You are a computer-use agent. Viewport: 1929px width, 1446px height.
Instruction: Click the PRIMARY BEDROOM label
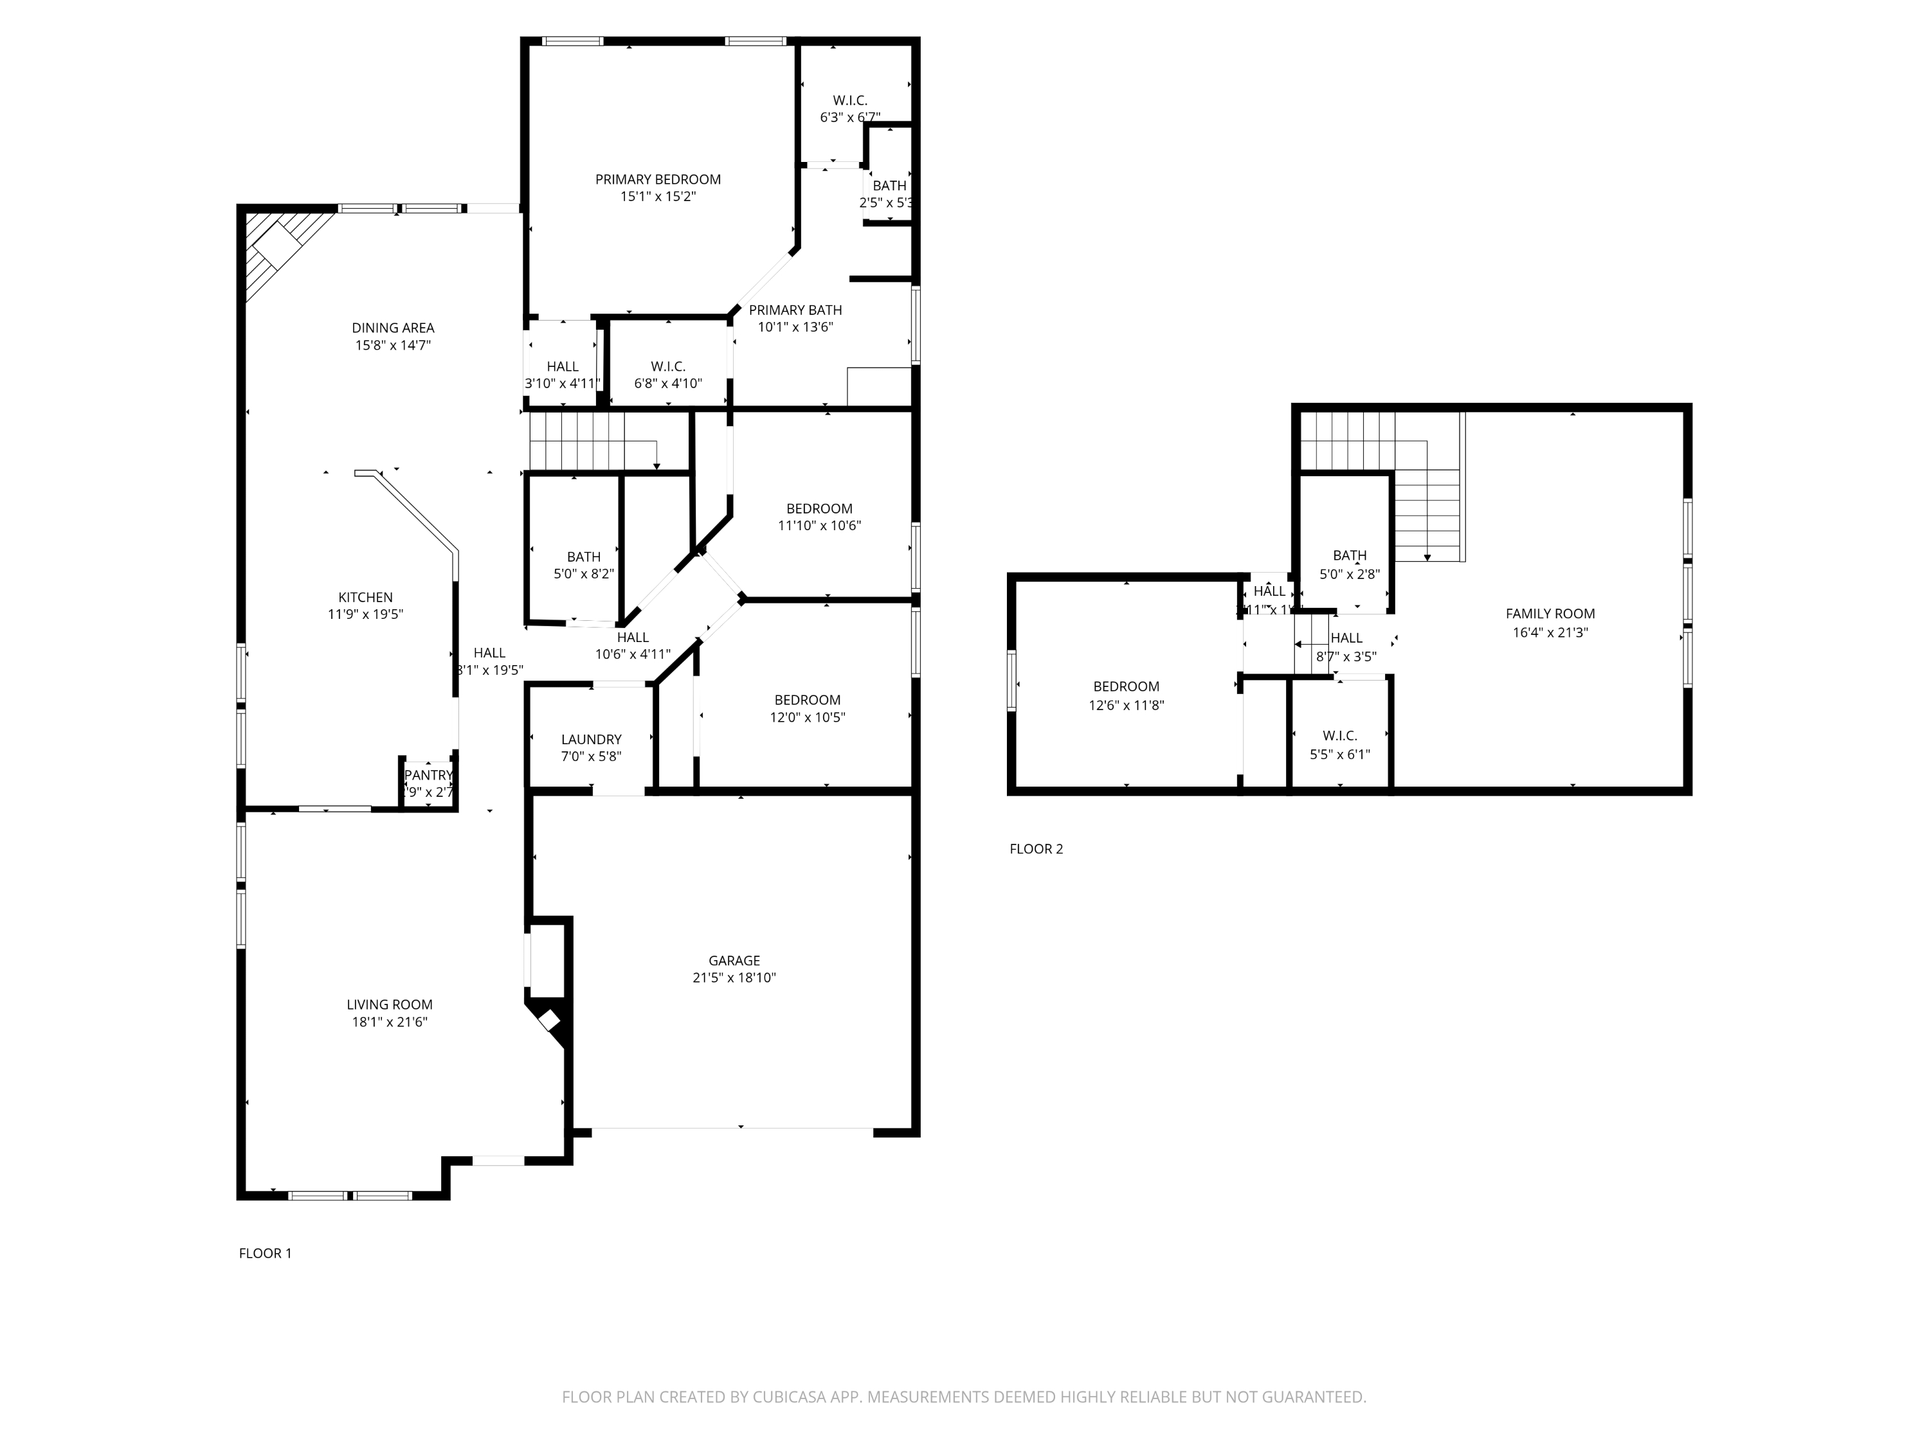[x=658, y=179]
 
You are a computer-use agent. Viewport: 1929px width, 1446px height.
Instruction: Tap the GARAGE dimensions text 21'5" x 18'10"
[x=734, y=978]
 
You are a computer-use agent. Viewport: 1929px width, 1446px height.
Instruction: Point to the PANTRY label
[x=428, y=775]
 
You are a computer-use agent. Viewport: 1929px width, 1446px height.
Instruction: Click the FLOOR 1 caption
[x=265, y=1253]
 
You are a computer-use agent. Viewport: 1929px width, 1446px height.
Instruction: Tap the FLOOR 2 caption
[x=1036, y=849]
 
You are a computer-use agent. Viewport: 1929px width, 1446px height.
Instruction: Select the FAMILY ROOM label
[x=1550, y=614]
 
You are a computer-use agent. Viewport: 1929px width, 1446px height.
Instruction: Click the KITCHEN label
[x=365, y=597]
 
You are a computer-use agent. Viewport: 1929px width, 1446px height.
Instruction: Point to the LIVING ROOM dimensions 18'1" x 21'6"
[x=389, y=1022]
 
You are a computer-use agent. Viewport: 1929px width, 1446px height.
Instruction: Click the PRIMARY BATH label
[x=795, y=310]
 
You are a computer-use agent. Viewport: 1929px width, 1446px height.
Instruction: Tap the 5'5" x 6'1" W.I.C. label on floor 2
[x=1339, y=745]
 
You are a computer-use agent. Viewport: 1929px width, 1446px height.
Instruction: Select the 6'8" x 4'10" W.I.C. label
[x=668, y=375]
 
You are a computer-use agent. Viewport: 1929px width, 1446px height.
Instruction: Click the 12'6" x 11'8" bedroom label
[x=1126, y=695]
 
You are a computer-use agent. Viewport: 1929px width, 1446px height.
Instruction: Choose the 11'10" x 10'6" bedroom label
[x=819, y=517]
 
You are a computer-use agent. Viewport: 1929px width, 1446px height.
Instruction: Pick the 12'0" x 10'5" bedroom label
[x=807, y=709]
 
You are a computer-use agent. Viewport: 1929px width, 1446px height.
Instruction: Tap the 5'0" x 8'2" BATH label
[x=583, y=565]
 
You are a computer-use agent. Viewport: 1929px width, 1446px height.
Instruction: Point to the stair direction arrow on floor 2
[x=1427, y=556]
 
